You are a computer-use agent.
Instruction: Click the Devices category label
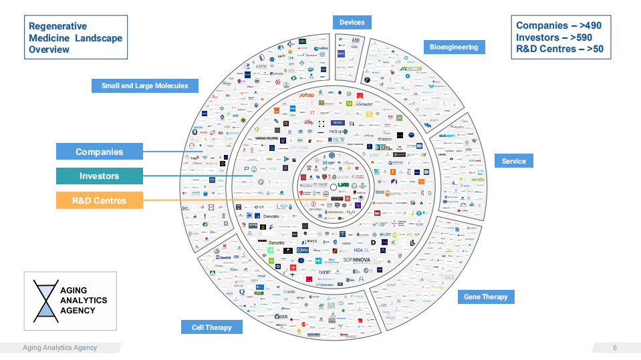[352, 22]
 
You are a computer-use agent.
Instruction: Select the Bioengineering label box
[454, 47]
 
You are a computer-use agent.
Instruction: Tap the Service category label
[513, 161]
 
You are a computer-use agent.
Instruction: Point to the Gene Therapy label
[486, 297]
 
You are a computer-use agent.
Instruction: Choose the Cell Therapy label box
[211, 327]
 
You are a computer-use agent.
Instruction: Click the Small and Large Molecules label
[144, 85]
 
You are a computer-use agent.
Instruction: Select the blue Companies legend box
[99, 152]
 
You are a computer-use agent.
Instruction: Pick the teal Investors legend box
[99, 176]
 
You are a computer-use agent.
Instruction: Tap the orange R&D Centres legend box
[99, 200]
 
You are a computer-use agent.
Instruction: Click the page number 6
[615, 347]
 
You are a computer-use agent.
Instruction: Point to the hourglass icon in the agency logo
[45, 301]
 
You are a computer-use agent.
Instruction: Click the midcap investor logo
[338, 132]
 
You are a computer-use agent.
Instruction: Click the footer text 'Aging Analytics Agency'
[59, 347]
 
